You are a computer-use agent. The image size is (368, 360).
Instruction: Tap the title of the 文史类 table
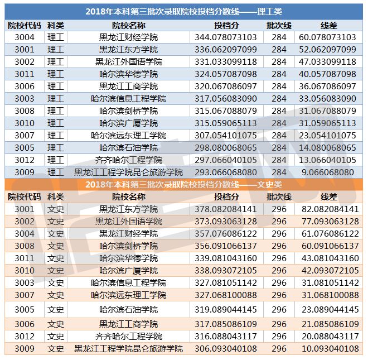[184, 184]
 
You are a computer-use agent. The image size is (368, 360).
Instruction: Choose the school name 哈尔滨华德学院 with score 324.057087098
[128, 74]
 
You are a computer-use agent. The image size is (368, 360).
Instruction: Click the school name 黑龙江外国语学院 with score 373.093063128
[128, 222]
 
